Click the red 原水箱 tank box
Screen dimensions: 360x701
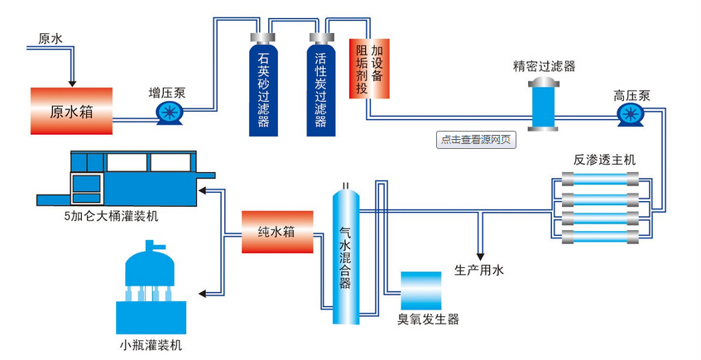coord(70,111)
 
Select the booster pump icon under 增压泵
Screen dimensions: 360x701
coord(170,113)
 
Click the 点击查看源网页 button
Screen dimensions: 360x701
coord(476,140)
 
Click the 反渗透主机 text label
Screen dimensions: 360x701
coord(604,160)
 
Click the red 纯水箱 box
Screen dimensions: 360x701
coord(277,233)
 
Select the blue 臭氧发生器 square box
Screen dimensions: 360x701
coord(421,290)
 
